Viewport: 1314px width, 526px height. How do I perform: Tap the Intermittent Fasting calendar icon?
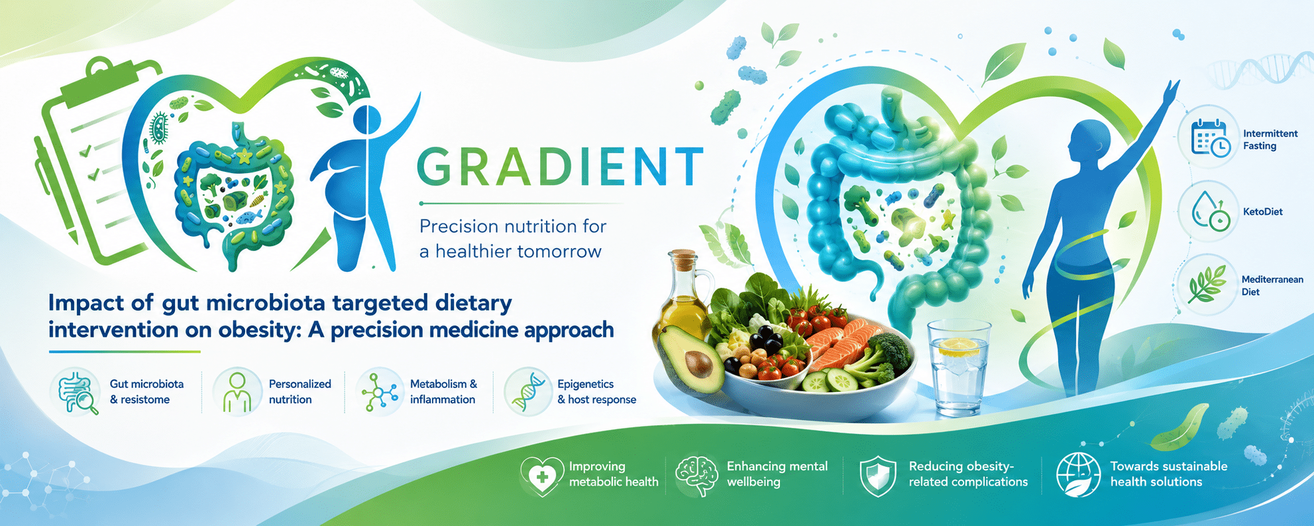[x=1210, y=139]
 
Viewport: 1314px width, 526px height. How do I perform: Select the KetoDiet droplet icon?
[x=1210, y=212]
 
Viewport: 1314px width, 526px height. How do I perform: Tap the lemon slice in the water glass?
[x=959, y=346]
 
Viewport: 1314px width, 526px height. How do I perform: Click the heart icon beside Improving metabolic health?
[x=542, y=476]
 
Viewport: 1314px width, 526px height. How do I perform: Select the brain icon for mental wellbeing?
[x=696, y=475]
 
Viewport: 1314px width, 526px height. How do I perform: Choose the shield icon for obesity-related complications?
[x=877, y=476]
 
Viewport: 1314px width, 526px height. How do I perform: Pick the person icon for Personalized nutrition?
[x=237, y=393]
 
